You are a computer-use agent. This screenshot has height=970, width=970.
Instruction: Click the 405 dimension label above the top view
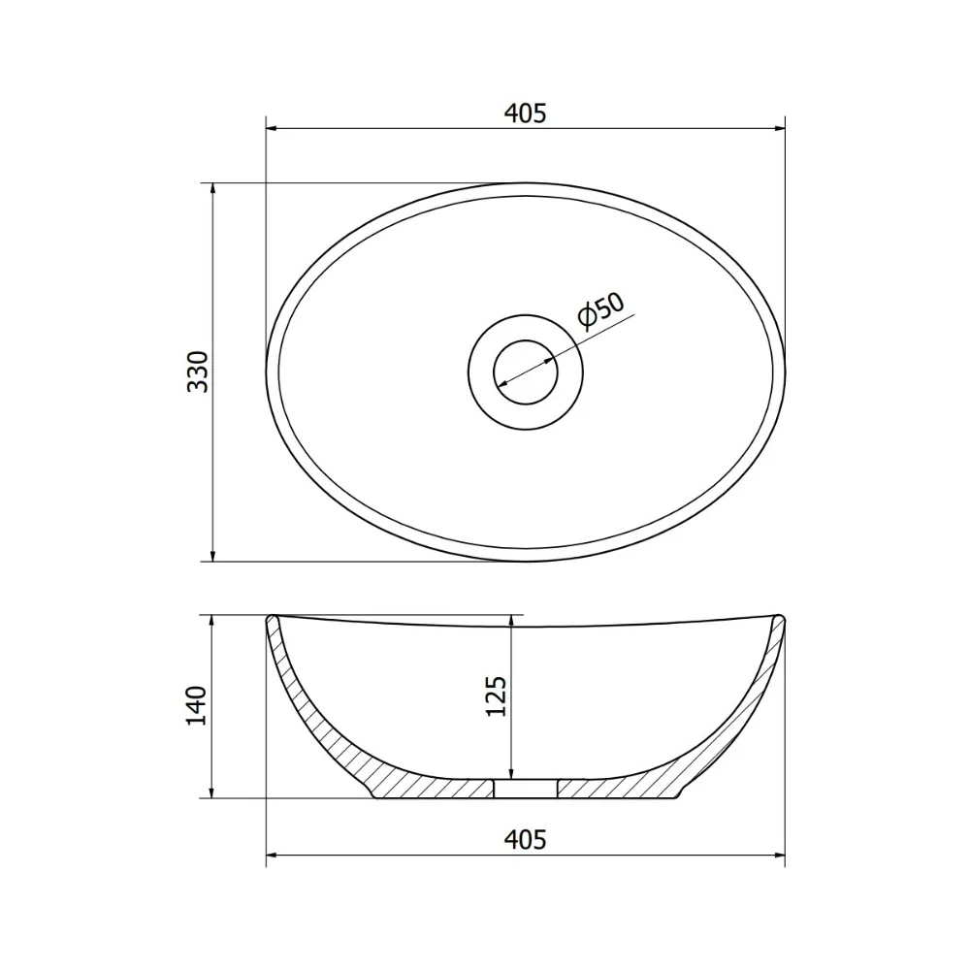(x=525, y=113)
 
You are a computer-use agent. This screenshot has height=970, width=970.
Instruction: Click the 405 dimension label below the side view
(x=525, y=839)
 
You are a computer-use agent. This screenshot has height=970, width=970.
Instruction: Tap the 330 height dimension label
(x=199, y=372)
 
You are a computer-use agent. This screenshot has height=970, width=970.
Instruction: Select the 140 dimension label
(x=197, y=706)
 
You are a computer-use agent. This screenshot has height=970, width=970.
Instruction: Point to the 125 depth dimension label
(x=496, y=696)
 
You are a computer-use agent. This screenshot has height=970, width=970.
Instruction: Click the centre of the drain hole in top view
(x=525, y=372)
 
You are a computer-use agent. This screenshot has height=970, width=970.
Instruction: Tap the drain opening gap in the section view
(x=525, y=789)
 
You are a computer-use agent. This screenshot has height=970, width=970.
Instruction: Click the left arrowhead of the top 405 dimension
(x=272, y=129)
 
